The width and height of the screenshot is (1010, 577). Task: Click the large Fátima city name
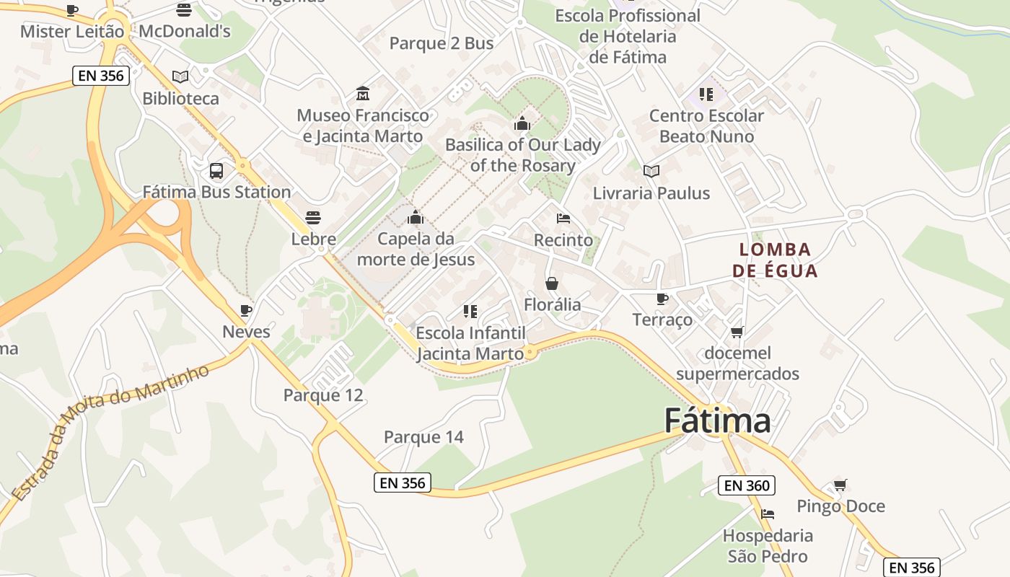pos(717,420)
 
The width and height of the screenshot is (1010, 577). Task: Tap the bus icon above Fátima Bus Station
pos(216,171)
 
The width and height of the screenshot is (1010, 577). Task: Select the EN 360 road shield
pos(747,485)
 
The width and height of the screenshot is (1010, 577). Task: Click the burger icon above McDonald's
pos(184,10)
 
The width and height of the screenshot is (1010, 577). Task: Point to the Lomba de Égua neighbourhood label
pos(775,260)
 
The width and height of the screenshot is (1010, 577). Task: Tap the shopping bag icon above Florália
pos(552,283)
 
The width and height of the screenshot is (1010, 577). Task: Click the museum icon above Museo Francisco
pos(363,94)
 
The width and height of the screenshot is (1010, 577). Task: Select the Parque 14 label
pos(423,437)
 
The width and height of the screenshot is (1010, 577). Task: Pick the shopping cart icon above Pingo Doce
pos(840,485)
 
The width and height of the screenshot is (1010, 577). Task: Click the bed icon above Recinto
pos(563,219)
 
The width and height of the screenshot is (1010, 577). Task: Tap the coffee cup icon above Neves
pos(246,311)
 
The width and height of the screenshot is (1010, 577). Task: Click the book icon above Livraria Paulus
pos(651,172)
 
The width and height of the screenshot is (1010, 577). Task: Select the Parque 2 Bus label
pos(442,43)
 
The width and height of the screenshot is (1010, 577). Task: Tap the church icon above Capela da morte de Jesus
pos(415,217)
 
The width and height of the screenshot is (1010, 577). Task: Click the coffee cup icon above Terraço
pos(662,299)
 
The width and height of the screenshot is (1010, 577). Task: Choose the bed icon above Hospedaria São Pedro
pos(768,514)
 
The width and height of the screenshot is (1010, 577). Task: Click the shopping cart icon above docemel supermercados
pos(737,332)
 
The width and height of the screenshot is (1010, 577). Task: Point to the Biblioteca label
pos(180,98)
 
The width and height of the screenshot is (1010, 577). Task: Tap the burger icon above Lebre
pos(313,217)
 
